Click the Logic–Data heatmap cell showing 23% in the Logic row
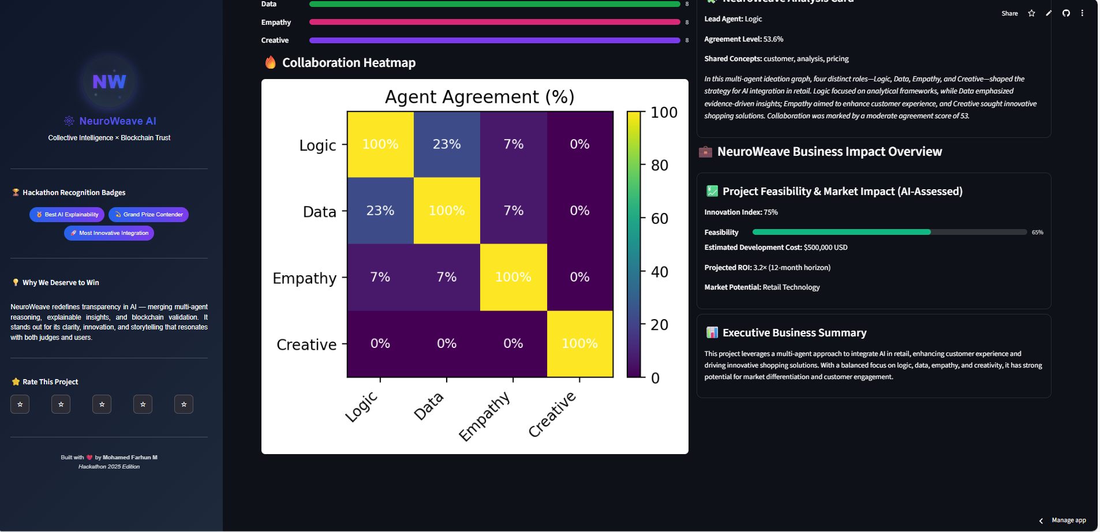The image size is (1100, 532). (447, 144)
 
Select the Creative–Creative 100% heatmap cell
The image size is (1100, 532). (579, 344)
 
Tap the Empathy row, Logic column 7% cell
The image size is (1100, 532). (380, 278)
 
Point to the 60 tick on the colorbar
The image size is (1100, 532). (660, 219)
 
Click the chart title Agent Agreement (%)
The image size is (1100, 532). (480, 97)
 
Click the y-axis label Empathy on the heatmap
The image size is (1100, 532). (304, 278)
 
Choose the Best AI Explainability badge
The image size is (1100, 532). (67, 215)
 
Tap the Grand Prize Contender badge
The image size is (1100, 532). (148, 215)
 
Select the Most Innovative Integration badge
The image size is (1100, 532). (109, 233)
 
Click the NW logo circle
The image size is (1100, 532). (109, 81)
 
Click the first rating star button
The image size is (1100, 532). (20, 404)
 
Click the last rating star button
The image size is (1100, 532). (184, 404)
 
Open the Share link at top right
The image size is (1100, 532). (1009, 13)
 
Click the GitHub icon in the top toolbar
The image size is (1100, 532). (1066, 13)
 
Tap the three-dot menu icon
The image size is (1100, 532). (1082, 13)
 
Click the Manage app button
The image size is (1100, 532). (1068, 520)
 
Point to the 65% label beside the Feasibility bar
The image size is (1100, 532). (1037, 233)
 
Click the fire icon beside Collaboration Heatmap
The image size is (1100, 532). (270, 62)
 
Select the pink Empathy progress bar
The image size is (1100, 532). (495, 23)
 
